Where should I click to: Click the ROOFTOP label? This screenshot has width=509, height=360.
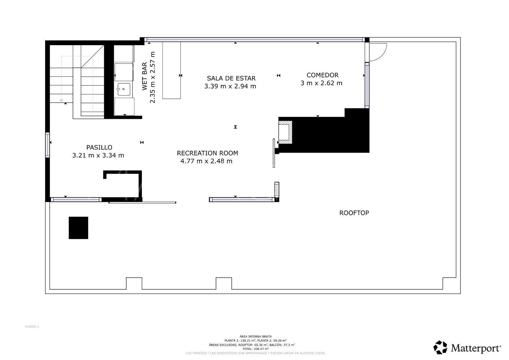coord(354,213)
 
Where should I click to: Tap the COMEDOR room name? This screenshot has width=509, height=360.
coord(322,75)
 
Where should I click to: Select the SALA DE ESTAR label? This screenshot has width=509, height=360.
coord(231,78)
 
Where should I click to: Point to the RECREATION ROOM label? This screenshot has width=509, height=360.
coord(207,153)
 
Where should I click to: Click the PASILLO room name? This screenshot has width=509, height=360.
coord(99,147)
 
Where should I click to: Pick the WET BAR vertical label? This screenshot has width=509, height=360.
coord(144,76)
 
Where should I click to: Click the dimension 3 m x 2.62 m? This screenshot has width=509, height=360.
coord(321,83)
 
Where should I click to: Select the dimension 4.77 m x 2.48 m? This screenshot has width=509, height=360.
coord(206,161)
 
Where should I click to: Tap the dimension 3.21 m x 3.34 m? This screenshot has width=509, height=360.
coord(98,156)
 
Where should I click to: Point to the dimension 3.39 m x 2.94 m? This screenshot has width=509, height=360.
coord(230,86)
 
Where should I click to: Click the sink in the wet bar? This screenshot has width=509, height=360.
coord(124,89)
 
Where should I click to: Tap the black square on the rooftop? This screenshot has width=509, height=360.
coord(78,228)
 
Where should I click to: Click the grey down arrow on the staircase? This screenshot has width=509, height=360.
coord(61,100)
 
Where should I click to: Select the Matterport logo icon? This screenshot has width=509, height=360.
coord(440,347)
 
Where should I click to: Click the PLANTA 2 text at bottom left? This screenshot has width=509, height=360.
coord(32,327)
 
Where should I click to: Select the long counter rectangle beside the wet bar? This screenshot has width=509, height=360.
coord(171,70)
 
